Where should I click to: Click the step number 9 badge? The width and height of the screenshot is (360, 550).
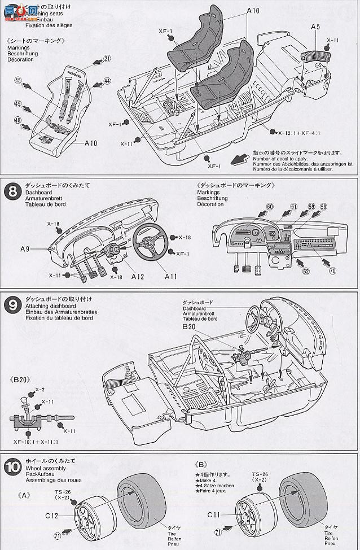[x=11, y=305]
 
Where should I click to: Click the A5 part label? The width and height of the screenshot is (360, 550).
[x=315, y=27]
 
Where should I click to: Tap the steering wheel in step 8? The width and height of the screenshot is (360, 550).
[x=151, y=242]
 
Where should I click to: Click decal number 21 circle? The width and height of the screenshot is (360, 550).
[x=107, y=58]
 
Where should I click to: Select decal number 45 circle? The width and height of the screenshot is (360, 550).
[x=19, y=81]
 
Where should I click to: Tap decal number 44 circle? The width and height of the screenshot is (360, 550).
[x=107, y=81]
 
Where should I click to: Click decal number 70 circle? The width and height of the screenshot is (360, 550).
[x=333, y=271]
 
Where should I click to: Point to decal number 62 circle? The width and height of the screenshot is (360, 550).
[x=306, y=271]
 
